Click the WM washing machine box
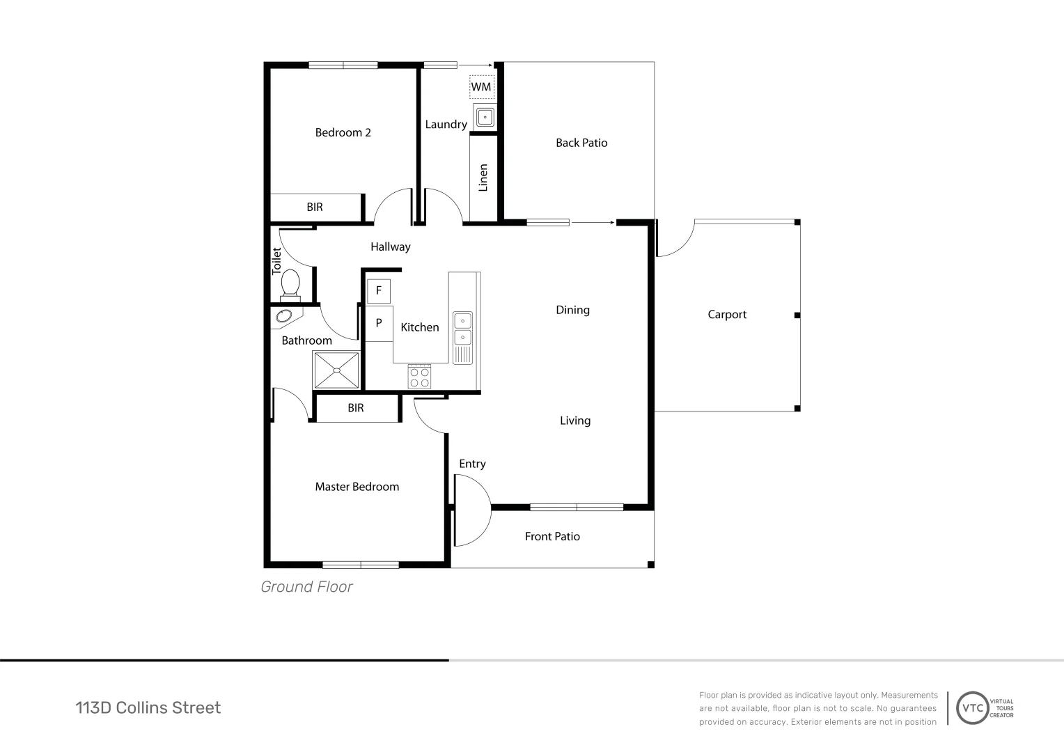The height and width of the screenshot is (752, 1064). pos(482,87)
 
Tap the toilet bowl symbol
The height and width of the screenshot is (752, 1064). pos(290,285)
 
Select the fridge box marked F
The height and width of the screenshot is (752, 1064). pos(379,291)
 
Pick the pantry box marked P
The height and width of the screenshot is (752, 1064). pos(379,324)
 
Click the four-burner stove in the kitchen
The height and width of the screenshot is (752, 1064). pos(419,377)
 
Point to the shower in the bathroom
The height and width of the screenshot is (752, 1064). pos(336,370)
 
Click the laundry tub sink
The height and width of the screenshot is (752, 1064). pos(485,117)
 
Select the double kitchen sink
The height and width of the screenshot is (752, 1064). pos(462,338)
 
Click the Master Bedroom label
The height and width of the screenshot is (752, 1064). pos(357,487)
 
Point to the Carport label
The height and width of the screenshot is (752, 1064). pos(727,315)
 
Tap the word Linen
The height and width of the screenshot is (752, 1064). pos(483,178)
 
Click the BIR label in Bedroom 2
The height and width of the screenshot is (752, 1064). pos(315,207)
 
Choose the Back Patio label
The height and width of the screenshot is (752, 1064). pos(581,143)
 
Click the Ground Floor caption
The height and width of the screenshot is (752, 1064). pos(306,587)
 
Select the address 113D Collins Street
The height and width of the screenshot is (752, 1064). pos(148,708)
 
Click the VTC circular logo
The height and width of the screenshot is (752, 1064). pos(972,708)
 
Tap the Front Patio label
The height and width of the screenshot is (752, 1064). pos(552,537)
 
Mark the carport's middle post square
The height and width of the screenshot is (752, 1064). pos(797,315)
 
